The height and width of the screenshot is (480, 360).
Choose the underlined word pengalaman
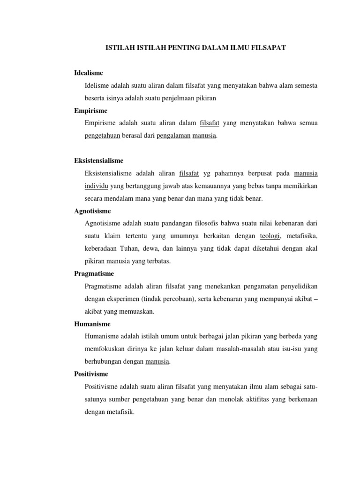[x=172, y=135]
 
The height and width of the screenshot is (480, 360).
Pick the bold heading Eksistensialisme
[x=98, y=161]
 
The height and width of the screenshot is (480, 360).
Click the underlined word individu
[x=97, y=186]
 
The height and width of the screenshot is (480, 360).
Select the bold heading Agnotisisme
[x=92, y=211]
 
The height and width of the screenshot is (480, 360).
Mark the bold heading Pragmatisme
[x=94, y=273]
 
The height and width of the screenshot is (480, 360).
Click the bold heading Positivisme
[x=91, y=374]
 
